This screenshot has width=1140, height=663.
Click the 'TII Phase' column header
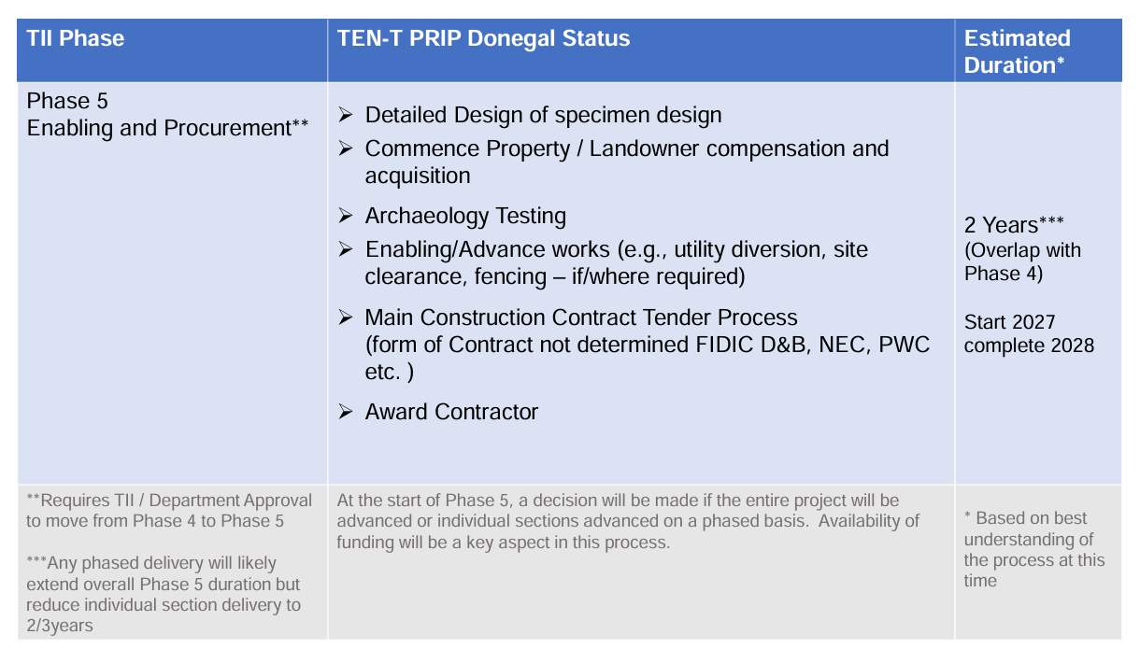point(76,38)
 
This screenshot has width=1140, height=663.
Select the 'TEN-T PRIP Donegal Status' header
point(483,38)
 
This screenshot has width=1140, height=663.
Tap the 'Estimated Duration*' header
point(1017,52)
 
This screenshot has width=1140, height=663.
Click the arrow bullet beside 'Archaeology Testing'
point(346,216)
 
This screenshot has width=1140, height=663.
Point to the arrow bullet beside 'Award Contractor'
point(346,412)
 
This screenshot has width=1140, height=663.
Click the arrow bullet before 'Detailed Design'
point(346,115)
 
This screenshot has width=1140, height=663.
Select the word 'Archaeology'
point(426,217)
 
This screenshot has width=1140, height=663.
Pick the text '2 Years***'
point(1014,225)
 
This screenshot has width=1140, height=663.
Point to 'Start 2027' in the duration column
point(1010,322)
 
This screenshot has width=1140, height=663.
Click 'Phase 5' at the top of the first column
point(67,101)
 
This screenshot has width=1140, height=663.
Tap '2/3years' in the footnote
point(60,626)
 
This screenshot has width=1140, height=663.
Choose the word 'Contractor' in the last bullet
point(486,413)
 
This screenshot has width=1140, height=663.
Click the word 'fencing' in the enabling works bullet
point(509,277)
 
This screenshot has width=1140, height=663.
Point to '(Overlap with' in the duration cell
point(1022,250)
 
